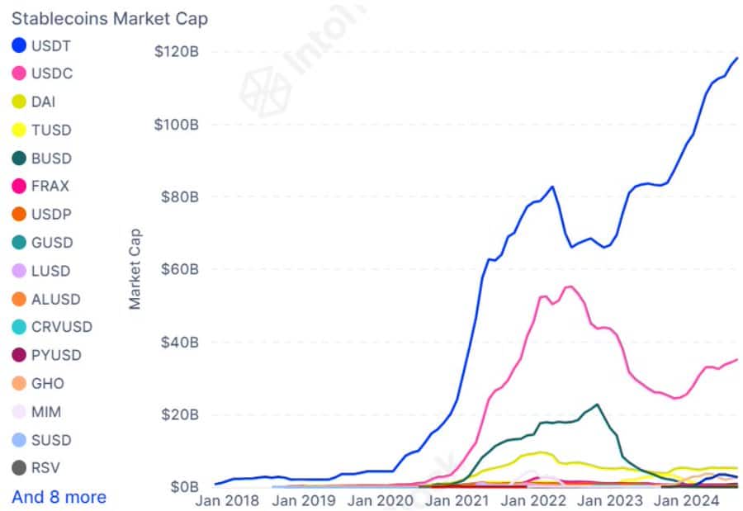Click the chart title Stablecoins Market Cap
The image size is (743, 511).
click(109, 17)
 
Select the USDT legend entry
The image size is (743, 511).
click(41, 45)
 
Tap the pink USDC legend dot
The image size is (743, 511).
click(19, 73)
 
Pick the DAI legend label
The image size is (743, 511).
click(43, 102)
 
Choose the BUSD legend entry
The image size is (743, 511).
click(42, 159)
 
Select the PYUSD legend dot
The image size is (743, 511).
click(19, 356)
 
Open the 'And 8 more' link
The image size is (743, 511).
click(59, 497)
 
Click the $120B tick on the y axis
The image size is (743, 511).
click(175, 52)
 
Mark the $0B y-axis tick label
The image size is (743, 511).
click(182, 486)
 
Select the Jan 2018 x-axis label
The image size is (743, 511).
click(228, 499)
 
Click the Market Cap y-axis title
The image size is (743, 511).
click(135, 269)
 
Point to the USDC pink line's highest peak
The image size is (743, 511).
click(569, 286)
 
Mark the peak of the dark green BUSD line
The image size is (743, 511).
click(596, 405)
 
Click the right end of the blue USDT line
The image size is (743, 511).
click(736, 58)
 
